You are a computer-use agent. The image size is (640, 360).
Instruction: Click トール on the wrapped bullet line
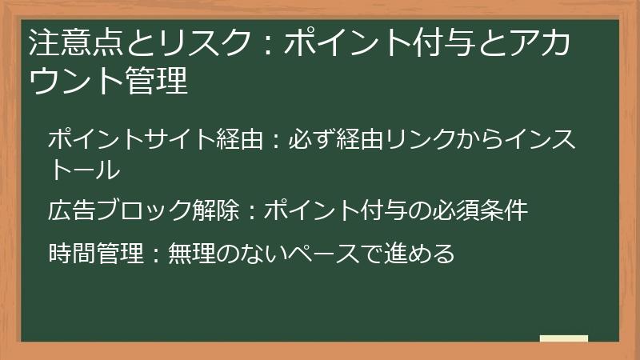[85, 170]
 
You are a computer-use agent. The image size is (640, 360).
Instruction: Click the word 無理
[192, 254]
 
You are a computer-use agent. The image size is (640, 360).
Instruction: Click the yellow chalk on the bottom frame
[563, 338]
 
